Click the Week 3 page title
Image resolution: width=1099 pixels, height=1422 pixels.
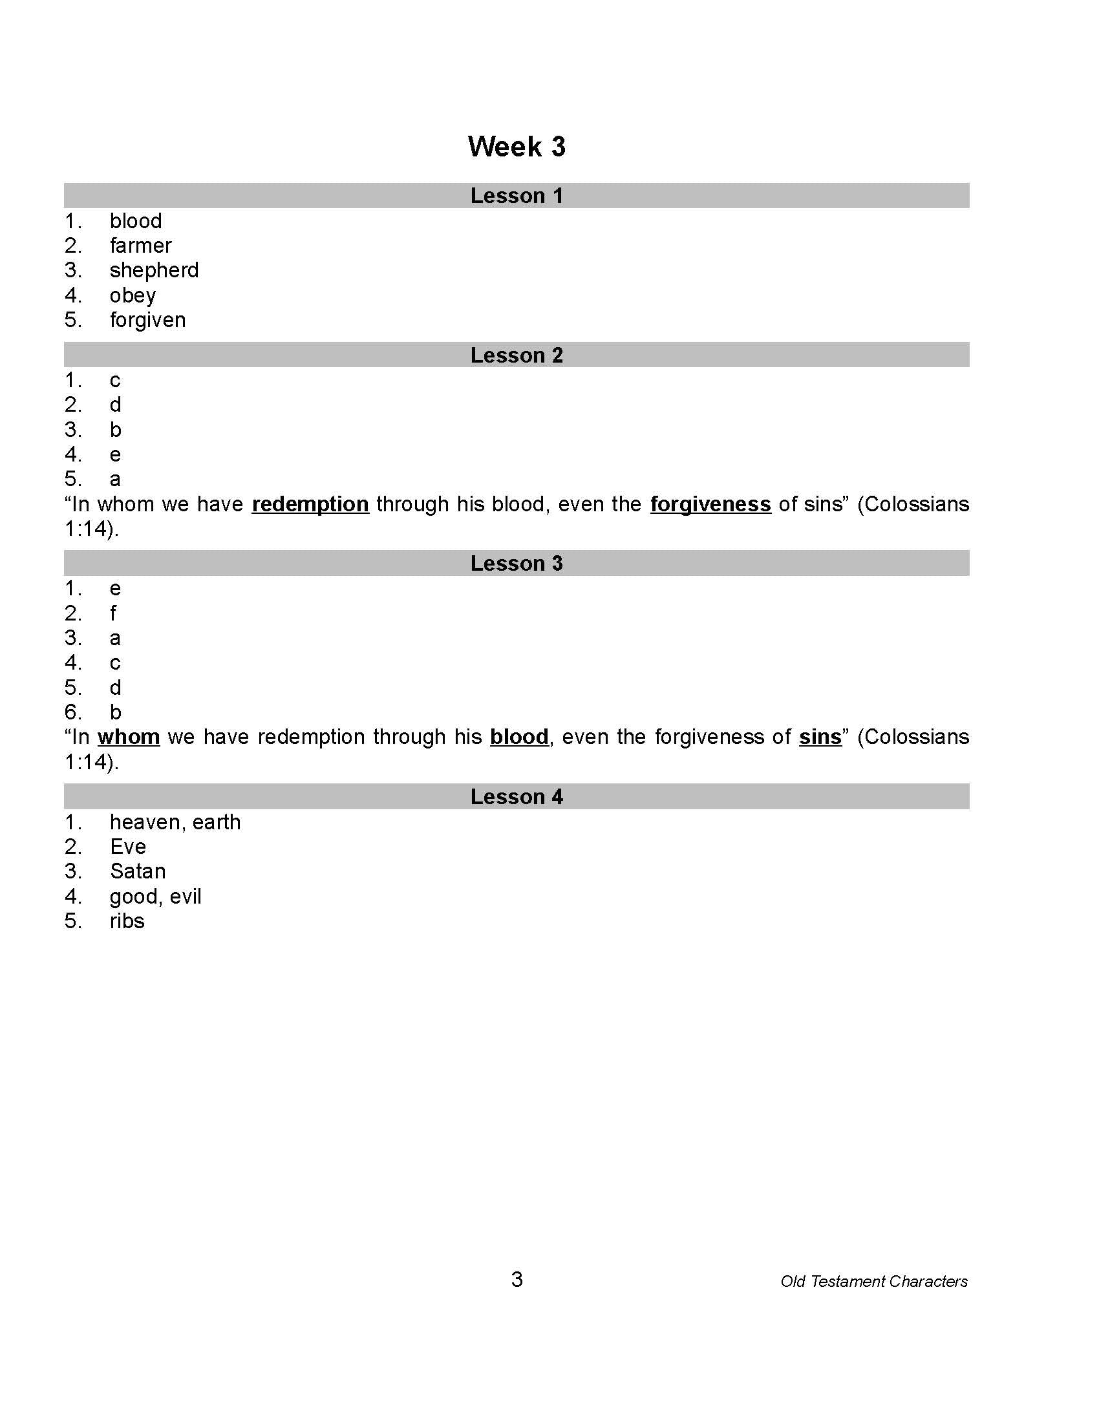pyautogui.click(x=517, y=147)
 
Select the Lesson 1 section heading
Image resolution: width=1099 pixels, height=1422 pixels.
pyautogui.click(x=517, y=196)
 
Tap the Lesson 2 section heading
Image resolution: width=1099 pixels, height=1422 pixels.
pyautogui.click(x=517, y=355)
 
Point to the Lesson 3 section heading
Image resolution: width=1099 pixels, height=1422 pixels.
pyautogui.click(x=517, y=563)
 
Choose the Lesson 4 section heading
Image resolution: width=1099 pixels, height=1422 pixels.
pyautogui.click(x=517, y=796)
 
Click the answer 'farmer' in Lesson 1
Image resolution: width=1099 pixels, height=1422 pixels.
pyautogui.click(x=141, y=246)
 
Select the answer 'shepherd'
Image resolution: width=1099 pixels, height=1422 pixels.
pyautogui.click(x=155, y=270)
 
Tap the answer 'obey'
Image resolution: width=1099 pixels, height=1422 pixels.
pyautogui.click(x=133, y=295)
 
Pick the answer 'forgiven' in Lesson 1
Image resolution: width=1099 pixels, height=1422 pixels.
pyautogui.click(x=148, y=320)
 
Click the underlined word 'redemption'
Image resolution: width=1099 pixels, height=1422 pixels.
pyautogui.click(x=310, y=504)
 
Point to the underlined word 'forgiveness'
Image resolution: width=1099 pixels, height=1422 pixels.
pyautogui.click(x=710, y=504)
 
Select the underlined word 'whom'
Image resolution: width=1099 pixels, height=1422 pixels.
pyautogui.click(x=129, y=736)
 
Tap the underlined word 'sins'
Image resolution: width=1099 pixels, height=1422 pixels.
pyautogui.click(x=820, y=736)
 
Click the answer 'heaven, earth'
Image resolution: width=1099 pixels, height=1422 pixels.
pyautogui.click(x=175, y=822)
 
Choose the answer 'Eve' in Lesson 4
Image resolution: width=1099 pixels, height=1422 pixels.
pyautogui.click(x=128, y=847)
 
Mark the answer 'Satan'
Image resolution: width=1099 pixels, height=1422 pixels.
pyautogui.click(x=138, y=871)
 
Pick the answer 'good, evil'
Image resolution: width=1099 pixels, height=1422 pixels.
pyautogui.click(x=156, y=897)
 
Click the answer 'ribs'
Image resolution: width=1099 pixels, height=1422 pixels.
pyautogui.click(x=127, y=920)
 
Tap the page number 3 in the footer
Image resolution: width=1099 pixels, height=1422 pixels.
pyautogui.click(x=517, y=1279)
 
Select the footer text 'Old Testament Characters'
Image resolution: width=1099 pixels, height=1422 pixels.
pyautogui.click(x=874, y=1281)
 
